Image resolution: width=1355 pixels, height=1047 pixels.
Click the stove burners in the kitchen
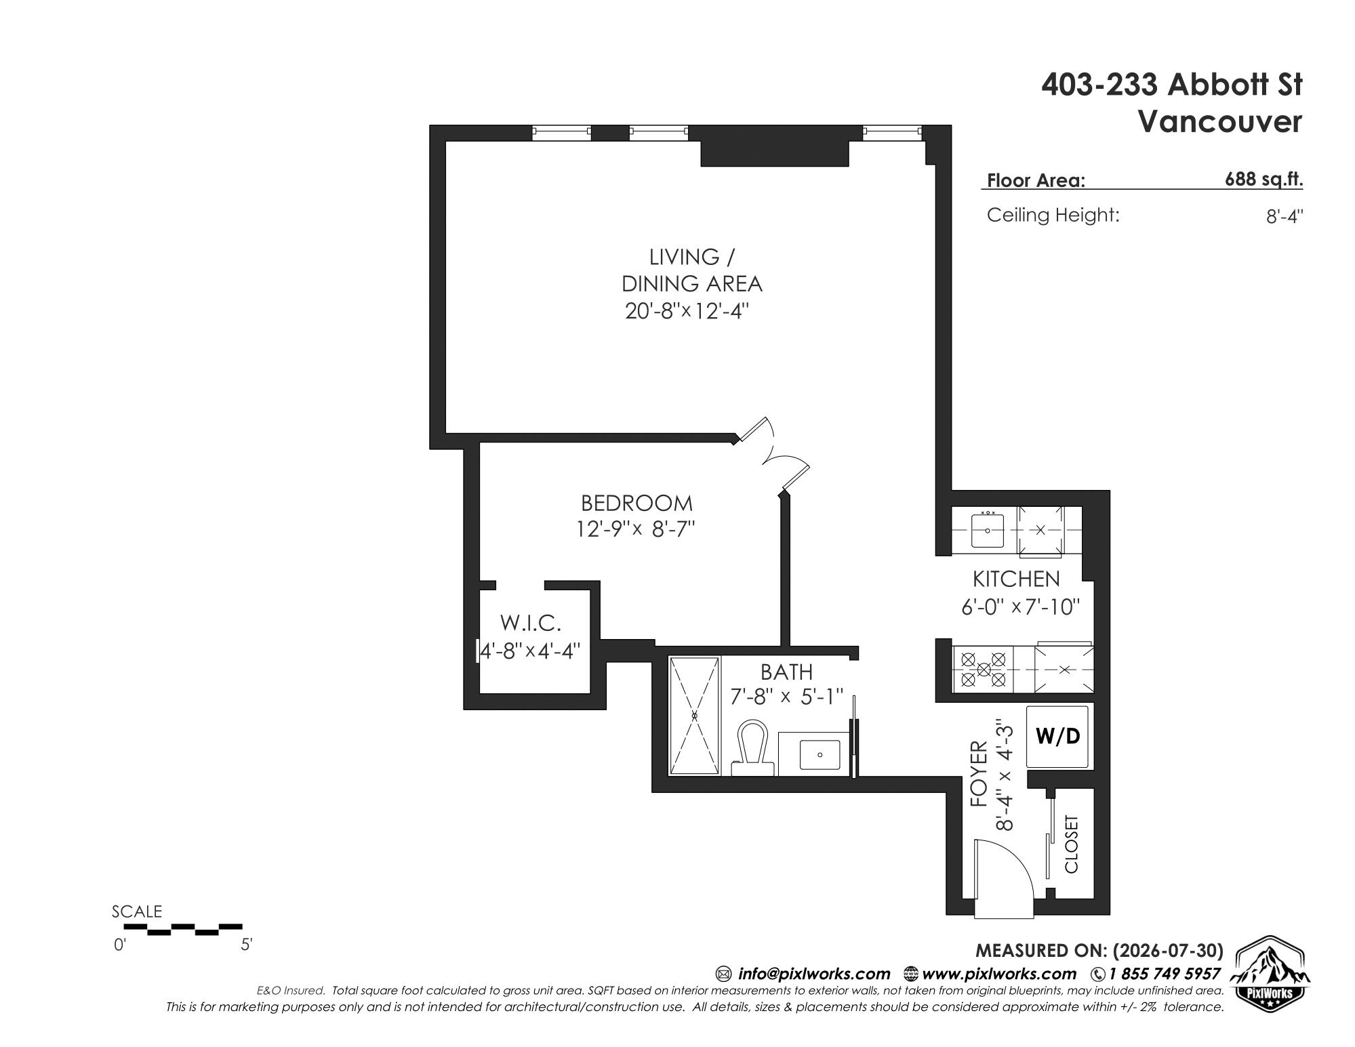pos(984,668)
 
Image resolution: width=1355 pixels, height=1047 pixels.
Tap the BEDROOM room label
pos(636,504)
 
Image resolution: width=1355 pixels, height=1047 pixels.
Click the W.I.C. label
pos(531,622)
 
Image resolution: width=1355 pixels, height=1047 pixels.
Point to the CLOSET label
pos(1072,844)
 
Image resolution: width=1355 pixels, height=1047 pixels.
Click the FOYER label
pos(979,774)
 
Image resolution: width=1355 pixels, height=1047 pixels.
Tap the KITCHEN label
pos(1016,579)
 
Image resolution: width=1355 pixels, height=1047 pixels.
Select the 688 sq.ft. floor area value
pos(1263,180)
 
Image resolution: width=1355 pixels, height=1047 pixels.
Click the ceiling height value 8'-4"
pos(1285,216)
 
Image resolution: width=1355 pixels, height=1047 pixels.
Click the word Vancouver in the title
pos(1219,122)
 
